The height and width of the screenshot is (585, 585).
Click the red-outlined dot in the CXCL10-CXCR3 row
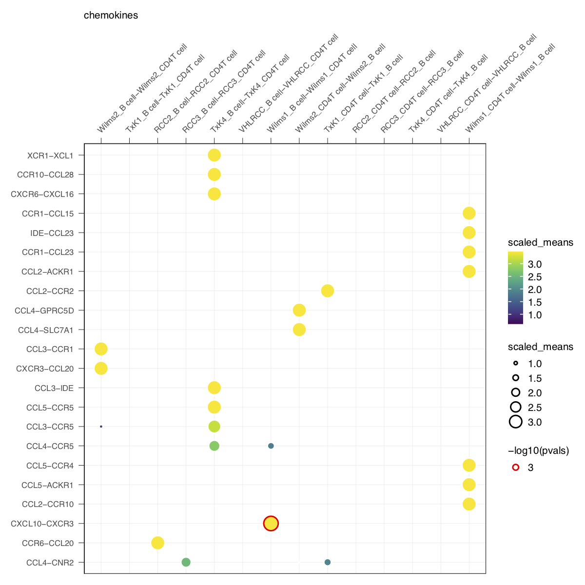(x=271, y=524)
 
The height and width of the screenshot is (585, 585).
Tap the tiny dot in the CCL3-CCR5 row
(x=101, y=427)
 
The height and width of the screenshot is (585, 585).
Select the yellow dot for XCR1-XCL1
(x=214, y=156)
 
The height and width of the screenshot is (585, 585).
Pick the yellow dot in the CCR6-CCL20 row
(x=157, y=543)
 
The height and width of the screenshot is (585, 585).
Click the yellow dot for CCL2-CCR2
(x=328, y=291)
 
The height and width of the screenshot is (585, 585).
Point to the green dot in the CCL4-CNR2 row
(x=186, y=562)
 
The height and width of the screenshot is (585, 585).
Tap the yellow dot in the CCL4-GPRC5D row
(x=299, y=310)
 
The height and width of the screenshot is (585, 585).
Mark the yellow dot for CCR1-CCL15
(x=469, y=213)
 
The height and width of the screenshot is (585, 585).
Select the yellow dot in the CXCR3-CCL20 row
(x=101, y=368)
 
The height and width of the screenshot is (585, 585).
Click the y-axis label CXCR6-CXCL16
(x=42, y=194)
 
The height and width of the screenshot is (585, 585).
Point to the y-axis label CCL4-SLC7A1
(x=45, y=330)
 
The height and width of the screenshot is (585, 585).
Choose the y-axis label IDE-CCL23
(x=52, y=233)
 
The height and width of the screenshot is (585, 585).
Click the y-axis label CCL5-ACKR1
(x=47, y=485)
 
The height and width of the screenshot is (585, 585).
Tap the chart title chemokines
(x=111, y=15)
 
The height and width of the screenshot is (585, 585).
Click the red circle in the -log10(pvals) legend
(x=516, y=468)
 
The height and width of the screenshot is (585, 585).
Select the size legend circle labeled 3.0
(x=516, y=422)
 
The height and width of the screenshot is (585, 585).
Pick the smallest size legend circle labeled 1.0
(x=516, y=364)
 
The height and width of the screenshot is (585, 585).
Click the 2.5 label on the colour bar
(x=535, y=277)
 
